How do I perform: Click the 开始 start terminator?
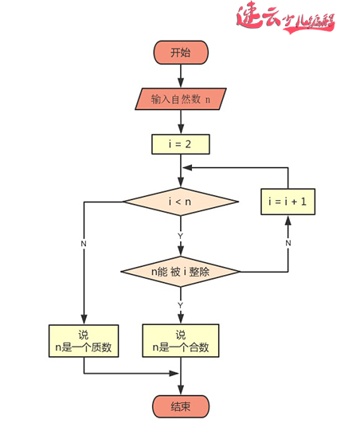(180, 53)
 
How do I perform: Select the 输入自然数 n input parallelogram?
(180, 100)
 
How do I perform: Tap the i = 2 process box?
(180, 144)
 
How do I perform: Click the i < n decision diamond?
(180, 202)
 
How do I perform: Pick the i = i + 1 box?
(288, 202)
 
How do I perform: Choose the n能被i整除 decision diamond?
(180, 272)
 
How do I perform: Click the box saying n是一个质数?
(84, 341)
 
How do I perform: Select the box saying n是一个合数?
(180, 341)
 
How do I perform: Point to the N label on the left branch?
(83, 241)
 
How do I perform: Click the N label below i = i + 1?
(288, 241)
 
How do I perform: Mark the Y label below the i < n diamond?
(180, 236)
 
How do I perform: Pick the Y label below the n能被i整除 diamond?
(180, 305)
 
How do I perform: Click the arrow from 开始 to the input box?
(180, 76)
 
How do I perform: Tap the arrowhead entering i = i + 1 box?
(288, 221)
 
